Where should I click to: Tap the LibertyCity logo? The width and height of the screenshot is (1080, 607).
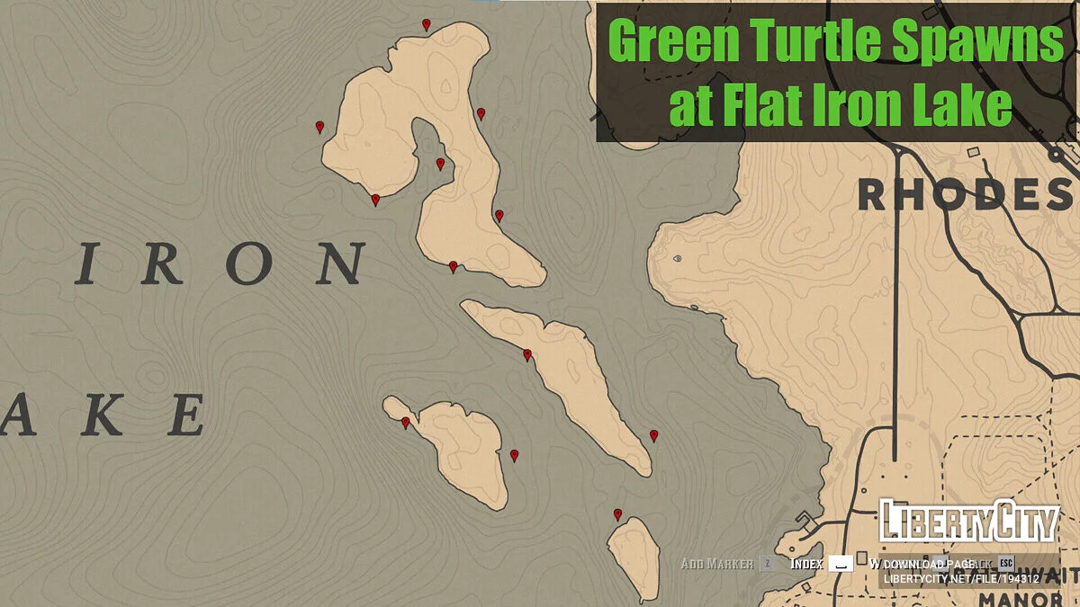(968, 522)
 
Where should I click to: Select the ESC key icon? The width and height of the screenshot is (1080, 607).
(1006, 564)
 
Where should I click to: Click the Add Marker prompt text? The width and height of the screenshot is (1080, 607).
(716, 564)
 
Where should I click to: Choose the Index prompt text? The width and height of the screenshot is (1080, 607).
(807, 564)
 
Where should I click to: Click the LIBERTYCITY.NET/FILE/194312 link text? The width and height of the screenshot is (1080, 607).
(961, 579)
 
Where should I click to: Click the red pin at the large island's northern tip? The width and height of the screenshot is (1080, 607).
(426, 24)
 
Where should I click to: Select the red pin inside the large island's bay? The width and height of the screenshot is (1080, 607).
(440, 164)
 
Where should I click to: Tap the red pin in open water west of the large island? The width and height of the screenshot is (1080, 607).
(319, 127)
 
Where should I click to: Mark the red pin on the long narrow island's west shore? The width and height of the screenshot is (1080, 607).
(527, 354)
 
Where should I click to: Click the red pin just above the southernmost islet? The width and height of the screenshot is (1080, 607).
(617, 514)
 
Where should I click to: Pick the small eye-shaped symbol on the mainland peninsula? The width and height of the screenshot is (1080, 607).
(677, 258)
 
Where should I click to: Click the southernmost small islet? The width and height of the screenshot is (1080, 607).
(634, 558)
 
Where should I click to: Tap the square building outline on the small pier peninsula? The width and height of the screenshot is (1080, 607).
(803, 521)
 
